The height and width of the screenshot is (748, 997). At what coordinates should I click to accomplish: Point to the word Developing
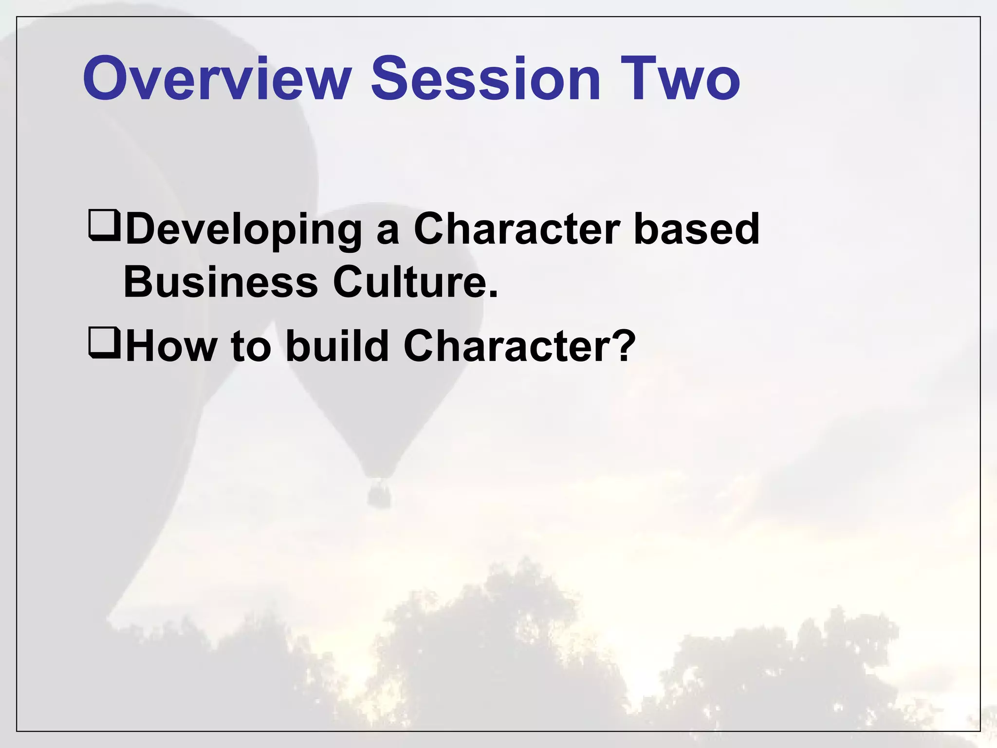point(243,230)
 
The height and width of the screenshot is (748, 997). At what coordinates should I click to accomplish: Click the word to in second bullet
point(251,347)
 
